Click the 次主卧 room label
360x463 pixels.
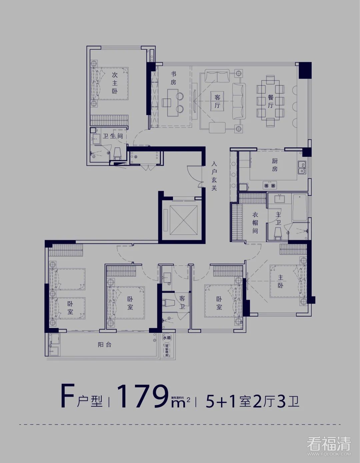click(x=115, y=83)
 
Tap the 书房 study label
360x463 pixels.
click(x=173, y=78)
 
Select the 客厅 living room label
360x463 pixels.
click(x=217, y=101)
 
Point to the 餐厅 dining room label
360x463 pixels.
click(x=271, y=101)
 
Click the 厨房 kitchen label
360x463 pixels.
click(x=274, y=165)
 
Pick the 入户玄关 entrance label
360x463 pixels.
click(x=214, y=176)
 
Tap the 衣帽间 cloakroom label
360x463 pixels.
click(x=255, y=222)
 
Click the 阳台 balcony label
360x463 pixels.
click(x=104, y=345)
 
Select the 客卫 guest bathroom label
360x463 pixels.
click(x=182, y=302)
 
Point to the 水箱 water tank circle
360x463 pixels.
click(x=167, y=338)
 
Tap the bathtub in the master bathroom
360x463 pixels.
click(x=299, y=207)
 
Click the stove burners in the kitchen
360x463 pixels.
click(x=270, y=185)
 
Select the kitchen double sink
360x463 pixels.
click(x=302, y=167)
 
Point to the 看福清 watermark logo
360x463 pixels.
click(x=328, y=445)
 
